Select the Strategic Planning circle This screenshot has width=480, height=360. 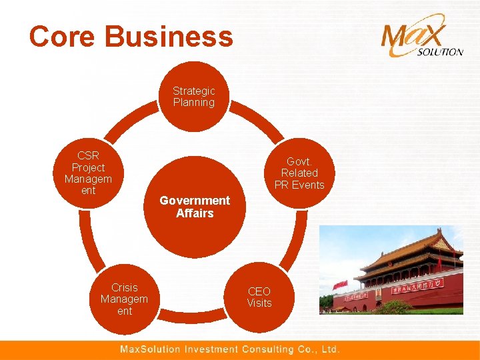193,97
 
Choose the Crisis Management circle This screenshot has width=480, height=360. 124,299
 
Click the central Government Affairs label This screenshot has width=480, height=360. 195,207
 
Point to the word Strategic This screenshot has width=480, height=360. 193,91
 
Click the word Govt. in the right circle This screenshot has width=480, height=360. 299,161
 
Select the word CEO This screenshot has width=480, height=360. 259,291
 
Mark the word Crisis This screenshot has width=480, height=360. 125,287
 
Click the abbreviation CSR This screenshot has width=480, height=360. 88,156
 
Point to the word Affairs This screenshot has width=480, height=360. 195,213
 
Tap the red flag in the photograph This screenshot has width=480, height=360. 340,285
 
